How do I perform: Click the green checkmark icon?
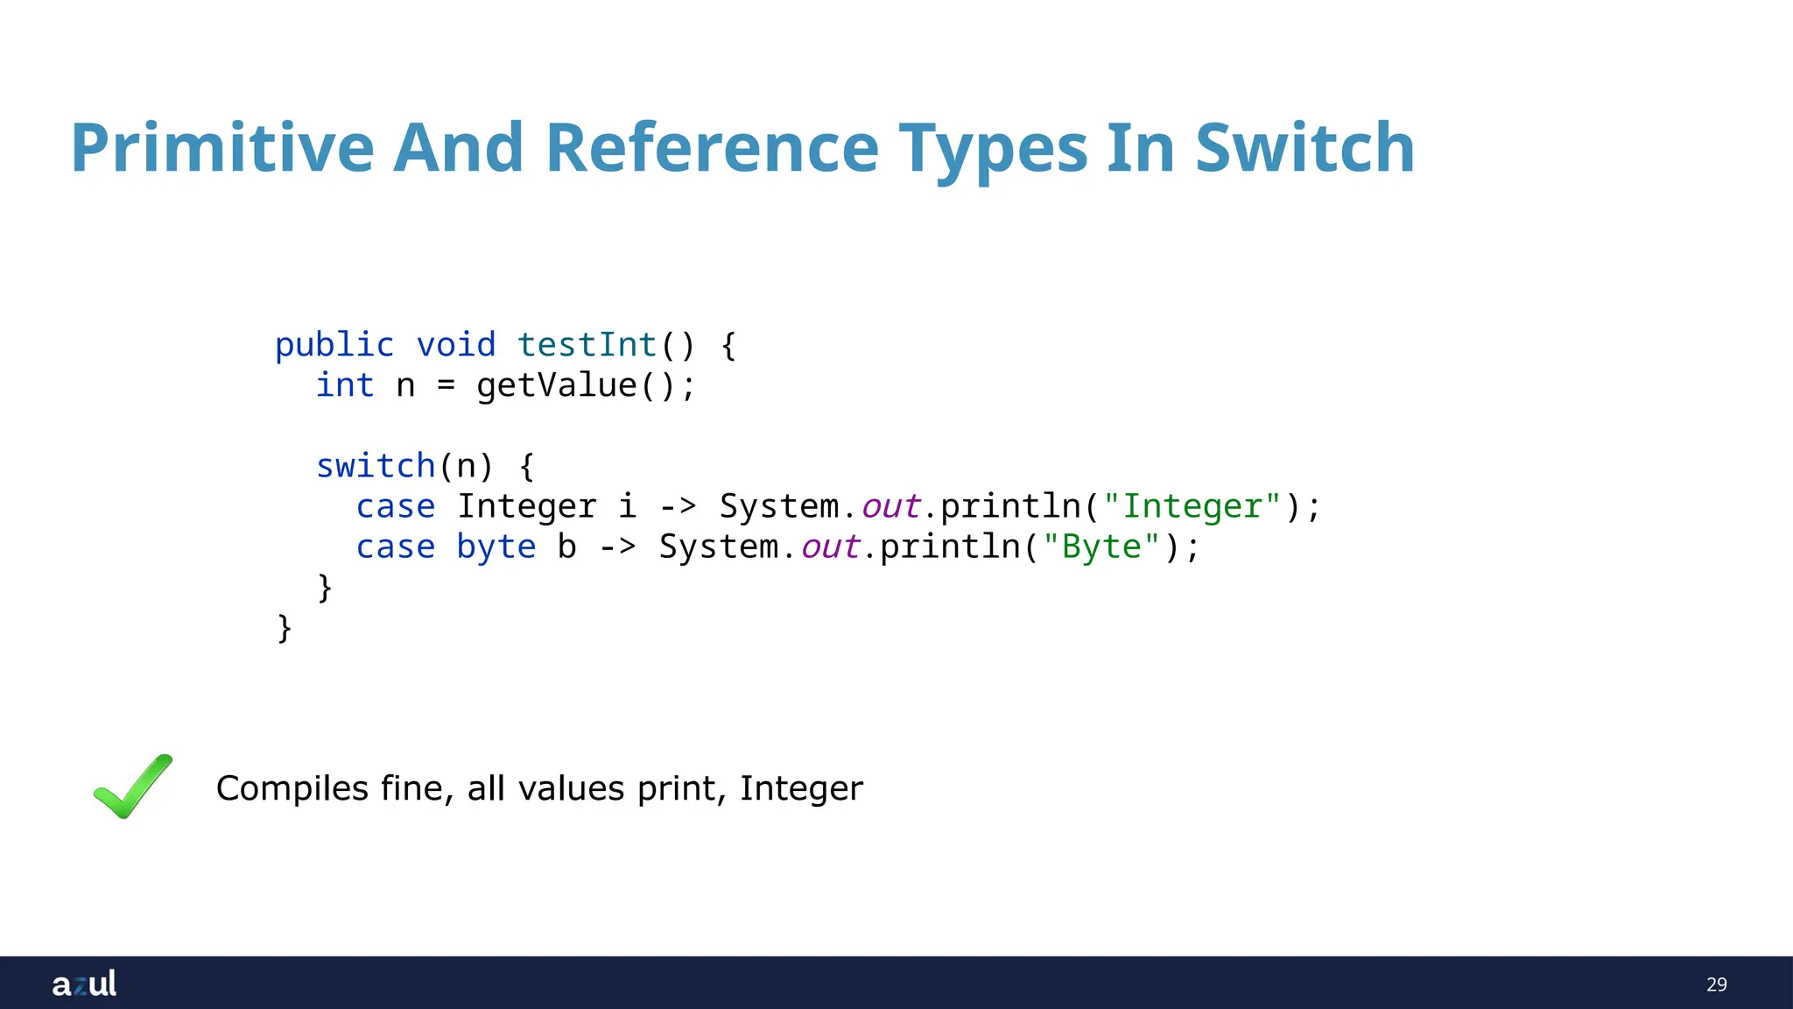pyautogui.click(x=133, y=787)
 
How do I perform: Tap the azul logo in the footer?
pyautogui.click(x=84, y=984)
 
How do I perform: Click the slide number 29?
pyautogui.click(x=1716, y=984)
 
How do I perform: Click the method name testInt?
pyautogui.click(x=587, y=344)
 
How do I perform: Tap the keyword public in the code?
pyautogui.click(x=334, y=344)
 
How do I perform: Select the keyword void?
pyautogui.click(x=455, y=344)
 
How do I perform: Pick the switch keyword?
pyautogui.click(x=376, y=466)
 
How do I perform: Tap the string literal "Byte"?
pyautogui.click(x=1101, y=547)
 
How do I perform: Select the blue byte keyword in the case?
pyautogui.click(x=496, y=547)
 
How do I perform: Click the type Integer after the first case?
pyautogui.click(x=526, y=506)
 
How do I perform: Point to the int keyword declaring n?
pyautogui.click(x=345, y=385)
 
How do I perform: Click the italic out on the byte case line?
pyautogui.click(x=830, y=547)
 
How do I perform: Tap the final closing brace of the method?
pyautogui.click(x=285, y=627)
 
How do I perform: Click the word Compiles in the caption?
pyautogui.click(x=292, y=788)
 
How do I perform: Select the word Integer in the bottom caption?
pyautogui.click(x=801, y=788)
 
